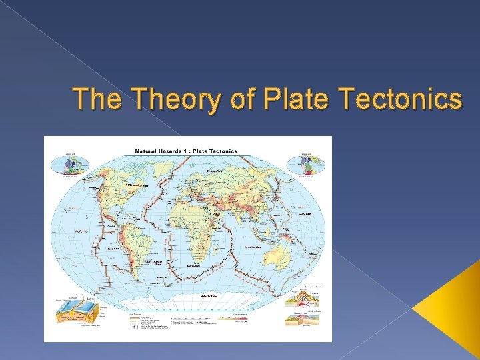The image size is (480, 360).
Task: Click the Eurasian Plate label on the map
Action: (x=215, y=171)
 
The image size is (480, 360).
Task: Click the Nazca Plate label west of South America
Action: (x=113, y=247)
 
